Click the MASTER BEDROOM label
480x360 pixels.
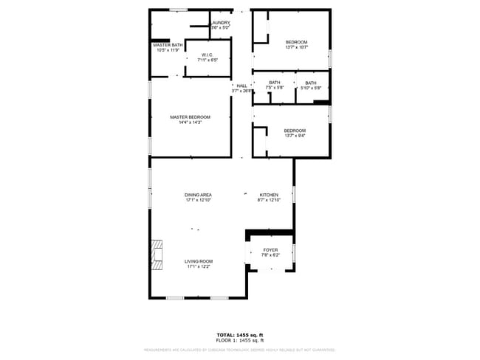click(190, 117)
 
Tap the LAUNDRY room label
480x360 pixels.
click(220, 23)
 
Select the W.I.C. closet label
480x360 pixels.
click(208, 55)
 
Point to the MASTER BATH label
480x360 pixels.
click(168, 45)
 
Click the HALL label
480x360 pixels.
click(241, 86)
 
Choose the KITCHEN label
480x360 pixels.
click(269, 195)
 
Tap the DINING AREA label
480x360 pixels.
click(198, 195)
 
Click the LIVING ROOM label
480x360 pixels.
click(198, 261)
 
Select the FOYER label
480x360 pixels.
click(270, 250)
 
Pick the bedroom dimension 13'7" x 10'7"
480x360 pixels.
click(296, 47)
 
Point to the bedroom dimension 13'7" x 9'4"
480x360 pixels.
click(295, 136)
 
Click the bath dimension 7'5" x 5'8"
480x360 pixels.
click(274, 88)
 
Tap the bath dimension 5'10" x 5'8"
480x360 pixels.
click(310, 88)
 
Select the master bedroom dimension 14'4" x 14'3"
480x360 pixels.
click(190, 122)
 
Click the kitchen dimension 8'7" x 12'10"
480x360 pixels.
click(269, 200)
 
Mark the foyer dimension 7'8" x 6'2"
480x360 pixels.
click(270, 255)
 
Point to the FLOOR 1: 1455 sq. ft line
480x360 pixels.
click(239, 341)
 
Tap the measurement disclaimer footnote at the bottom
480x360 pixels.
click(239, 350)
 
